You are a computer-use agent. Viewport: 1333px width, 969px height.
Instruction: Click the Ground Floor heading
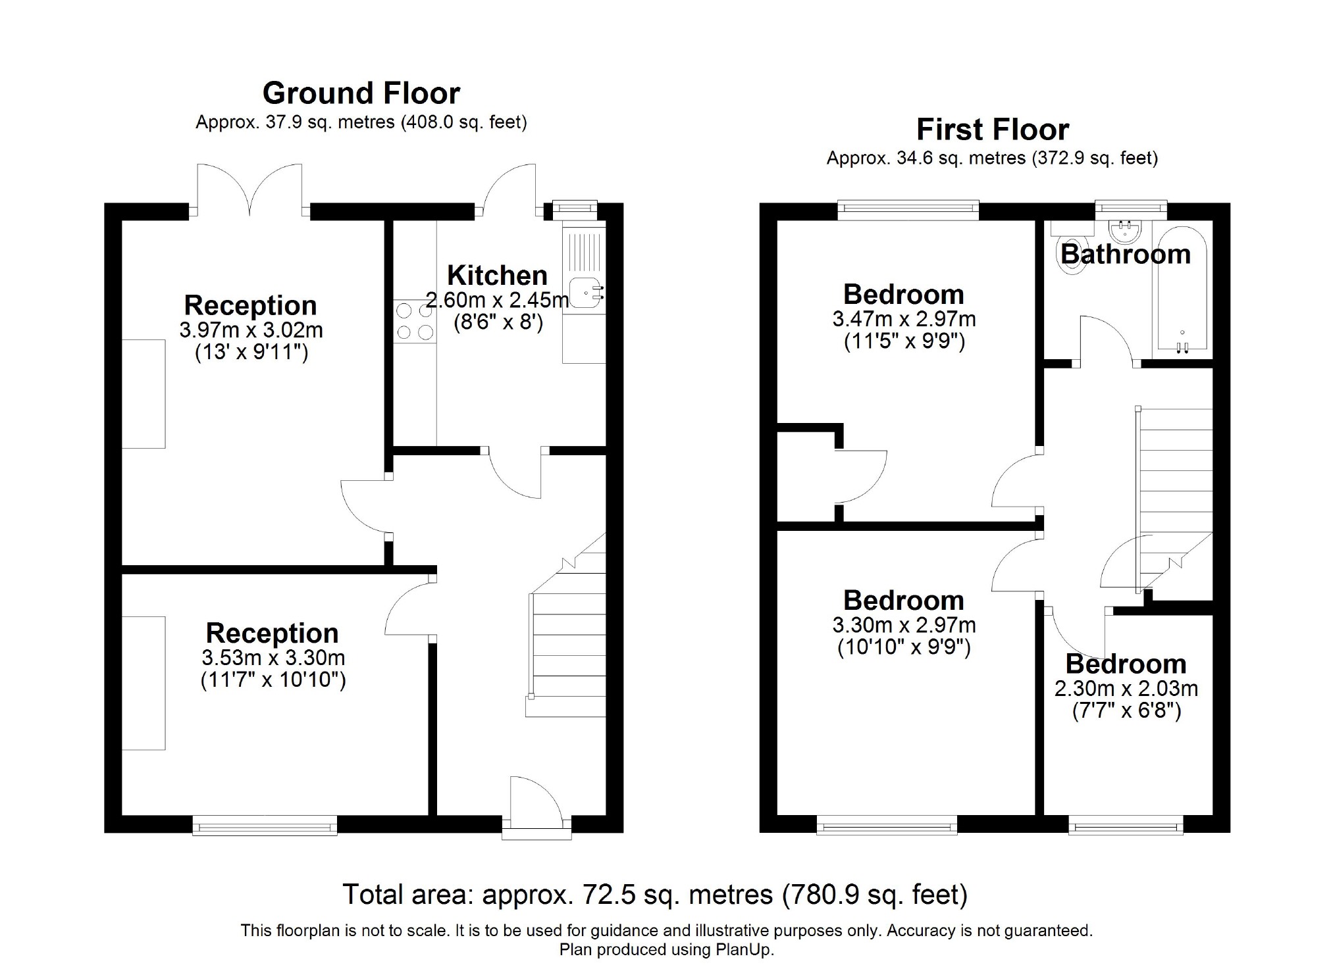pyautogui.click(x=361, y=93)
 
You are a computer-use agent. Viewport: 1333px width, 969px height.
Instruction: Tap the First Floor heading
pyautogui.click(x=992, y=130)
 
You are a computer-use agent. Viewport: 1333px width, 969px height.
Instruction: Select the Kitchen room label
pyautogui.click(x=497, y=275)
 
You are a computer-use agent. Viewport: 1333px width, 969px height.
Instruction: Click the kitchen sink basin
pyautogui.click(x=585, y=293)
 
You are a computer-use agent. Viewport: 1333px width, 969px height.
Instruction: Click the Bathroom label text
pyautogui.click(x=1126, y=254)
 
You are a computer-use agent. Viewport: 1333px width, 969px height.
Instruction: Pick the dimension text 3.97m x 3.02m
pyautogui.click(x=251, y=330)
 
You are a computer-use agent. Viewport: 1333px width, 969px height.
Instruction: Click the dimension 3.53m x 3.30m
pyautogui.click(x=273, y=657)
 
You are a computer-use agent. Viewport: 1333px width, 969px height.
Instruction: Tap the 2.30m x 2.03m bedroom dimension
pyautogui.click(x=1126, y=688)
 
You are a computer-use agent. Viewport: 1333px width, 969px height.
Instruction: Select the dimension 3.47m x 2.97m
pyautogui.click(x=904, y=319)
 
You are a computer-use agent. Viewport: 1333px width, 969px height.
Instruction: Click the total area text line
pyautogui.click(x=655, y=895)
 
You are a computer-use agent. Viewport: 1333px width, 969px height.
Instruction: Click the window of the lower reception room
pyautogui.click(x=265, y=825)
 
